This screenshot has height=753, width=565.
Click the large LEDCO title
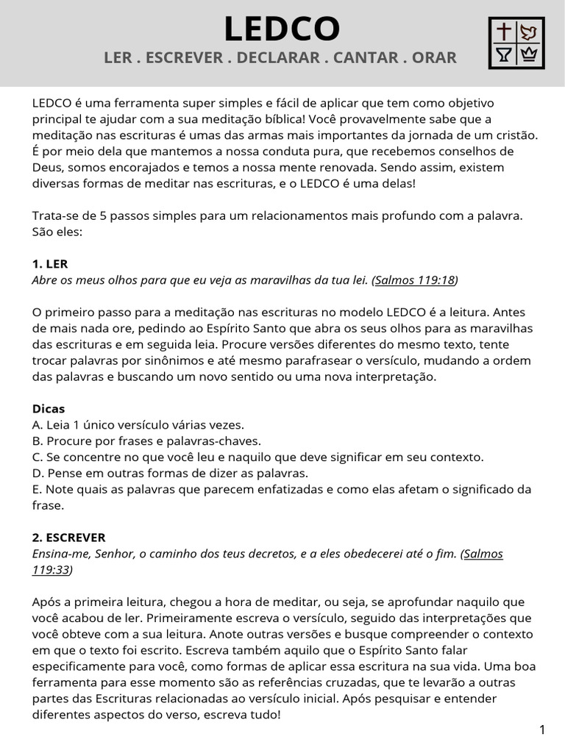tap(282, 29)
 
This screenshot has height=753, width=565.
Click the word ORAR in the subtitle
tap(434, 57)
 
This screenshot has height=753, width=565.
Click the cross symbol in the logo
tap(504, 32)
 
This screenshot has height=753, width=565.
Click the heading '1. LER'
tap(50, 264)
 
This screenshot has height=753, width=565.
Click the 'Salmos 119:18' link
tap(414, 280)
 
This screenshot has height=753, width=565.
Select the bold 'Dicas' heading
tap(49, 409)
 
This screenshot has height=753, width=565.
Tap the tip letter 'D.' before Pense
tap(38, 473)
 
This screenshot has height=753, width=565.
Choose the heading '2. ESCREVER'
tap(69, 538)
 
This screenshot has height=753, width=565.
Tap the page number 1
tap(542, 730)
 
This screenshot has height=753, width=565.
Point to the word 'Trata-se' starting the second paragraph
tap(55, 215)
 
